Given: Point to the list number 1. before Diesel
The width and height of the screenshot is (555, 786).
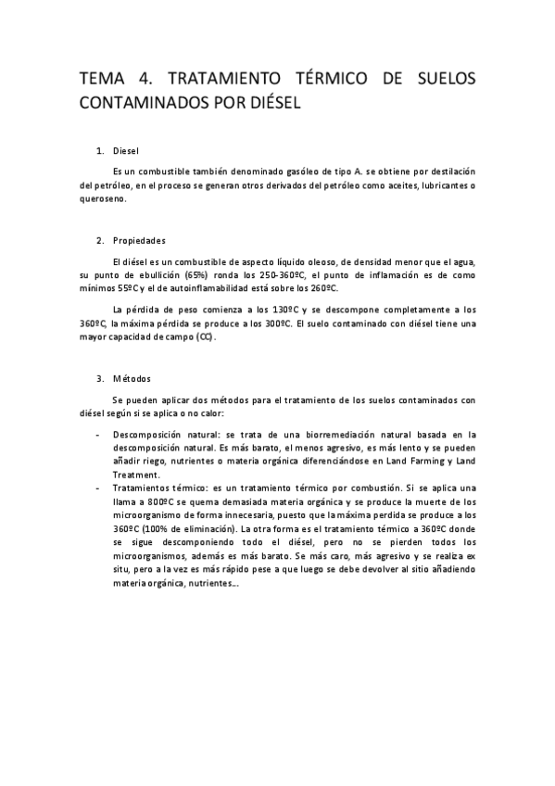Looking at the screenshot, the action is [100, 150].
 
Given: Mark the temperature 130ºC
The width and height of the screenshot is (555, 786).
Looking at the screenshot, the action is [269, 310].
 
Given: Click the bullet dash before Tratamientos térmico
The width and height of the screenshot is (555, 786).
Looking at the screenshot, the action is [98, 488].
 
